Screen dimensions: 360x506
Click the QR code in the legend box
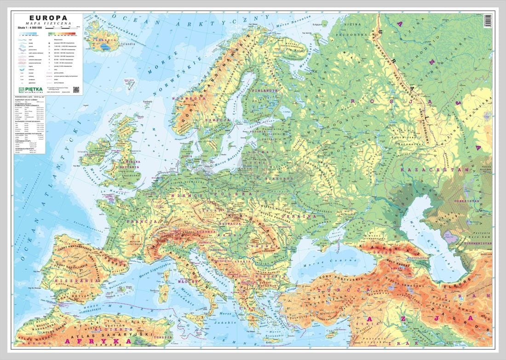(76, 89)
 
